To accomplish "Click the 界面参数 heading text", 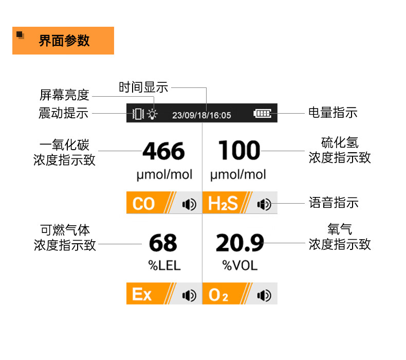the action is pos(64,41).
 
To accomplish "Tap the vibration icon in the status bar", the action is pos(137,114).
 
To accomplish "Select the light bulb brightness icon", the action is pos(152,114).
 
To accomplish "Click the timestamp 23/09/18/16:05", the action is pos(201,115).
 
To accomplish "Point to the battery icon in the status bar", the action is pos(262,114).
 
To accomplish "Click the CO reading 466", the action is pos(163,151).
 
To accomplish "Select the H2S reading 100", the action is pos(239,151).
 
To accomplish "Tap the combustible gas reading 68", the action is pos(163,243).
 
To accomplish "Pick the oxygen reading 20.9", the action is pos(239,243).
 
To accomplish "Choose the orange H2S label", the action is pos(223,204).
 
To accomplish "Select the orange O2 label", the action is pos(218,295).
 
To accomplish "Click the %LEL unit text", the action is pos(164,265).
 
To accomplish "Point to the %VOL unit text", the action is pos(239,265).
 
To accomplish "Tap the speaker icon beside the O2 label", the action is pos(264,295).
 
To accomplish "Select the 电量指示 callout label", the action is pos(333,113).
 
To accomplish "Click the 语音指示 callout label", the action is pos(334,203).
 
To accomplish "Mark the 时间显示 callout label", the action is pos(143,87).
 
